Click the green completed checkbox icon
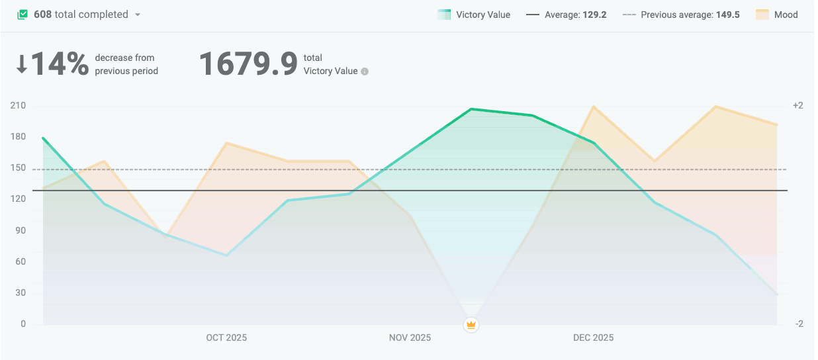click(23, 15)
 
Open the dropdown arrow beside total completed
click(138, 15)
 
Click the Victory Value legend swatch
click(444, 15)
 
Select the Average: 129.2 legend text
click(575, 15)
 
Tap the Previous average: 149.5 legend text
click(690, 15)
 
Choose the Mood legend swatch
click(762, 15)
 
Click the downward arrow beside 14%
click(22, 64)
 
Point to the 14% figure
click(60, 64)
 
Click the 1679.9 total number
click(248, 64)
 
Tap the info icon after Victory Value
click(365, 71)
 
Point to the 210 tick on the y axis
click(18, 106)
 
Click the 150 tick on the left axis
click(18, 168)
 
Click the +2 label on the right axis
click(797, 106)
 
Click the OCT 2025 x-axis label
click(226, 337)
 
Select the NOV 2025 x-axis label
click(410, 337)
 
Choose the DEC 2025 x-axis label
click(593, 337)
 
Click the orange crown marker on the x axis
click(471, 324)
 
